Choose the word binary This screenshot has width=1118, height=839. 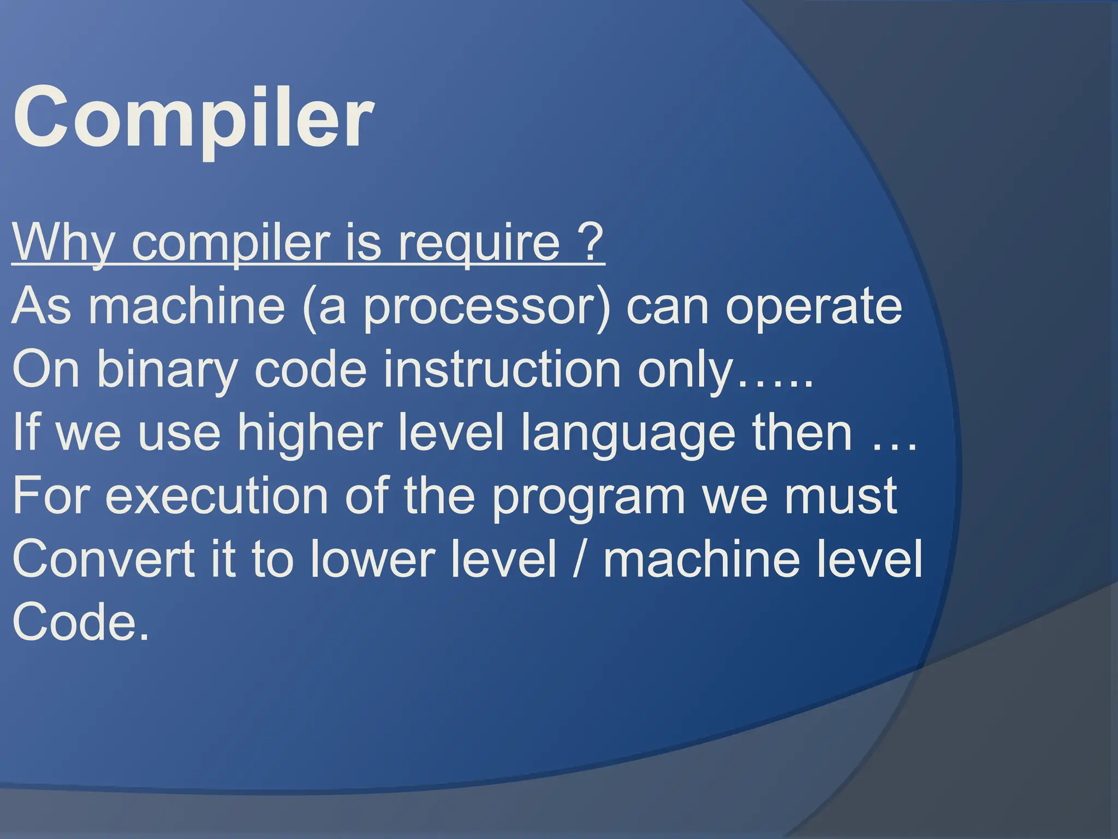tap(167, 370)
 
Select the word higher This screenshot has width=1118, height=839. tap(308, 433)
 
